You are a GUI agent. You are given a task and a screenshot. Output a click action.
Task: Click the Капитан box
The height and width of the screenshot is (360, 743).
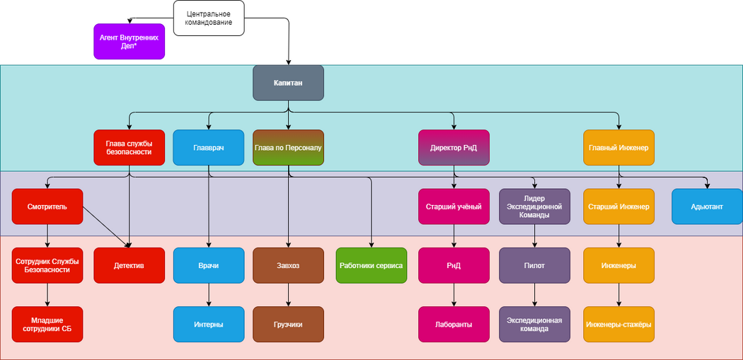coord(288,83)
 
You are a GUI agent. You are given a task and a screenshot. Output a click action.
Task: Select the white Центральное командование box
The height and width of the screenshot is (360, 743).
coord(209,18)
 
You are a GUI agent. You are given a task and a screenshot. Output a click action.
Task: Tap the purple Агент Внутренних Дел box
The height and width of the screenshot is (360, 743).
coord(129,41)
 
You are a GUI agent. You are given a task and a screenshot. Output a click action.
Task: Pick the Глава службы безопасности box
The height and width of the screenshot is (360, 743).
coord(129,148)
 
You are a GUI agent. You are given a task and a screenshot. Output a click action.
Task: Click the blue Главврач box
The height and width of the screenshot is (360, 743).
coord(208,148)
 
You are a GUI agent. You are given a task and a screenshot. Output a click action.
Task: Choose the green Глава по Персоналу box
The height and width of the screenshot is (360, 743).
coord(288,148)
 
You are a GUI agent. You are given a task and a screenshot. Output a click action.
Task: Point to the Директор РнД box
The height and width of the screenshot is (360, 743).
coord(454,148)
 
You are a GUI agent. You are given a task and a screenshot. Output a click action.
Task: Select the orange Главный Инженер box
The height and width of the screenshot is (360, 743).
coord(618,148)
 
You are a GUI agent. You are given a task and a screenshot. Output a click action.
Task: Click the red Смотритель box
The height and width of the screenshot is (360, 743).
coord(47,207)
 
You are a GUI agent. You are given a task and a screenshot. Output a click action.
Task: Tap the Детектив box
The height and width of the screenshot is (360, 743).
coord(129,265)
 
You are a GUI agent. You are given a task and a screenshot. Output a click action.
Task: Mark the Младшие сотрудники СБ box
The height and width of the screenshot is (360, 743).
coord(47,324)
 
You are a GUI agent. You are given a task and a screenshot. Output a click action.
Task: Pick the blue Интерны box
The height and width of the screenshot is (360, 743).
coord(208,324)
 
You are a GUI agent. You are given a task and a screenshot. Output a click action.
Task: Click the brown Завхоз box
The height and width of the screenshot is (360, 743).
coord(288,265)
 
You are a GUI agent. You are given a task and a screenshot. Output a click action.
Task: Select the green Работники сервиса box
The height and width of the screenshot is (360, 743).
coord(371,265)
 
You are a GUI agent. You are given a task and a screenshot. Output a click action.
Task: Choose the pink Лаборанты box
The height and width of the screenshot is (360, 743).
coord(454,324)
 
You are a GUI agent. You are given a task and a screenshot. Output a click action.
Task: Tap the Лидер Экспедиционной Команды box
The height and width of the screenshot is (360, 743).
coord(534,207)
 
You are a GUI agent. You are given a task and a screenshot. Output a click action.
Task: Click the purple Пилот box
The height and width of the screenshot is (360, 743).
coord(534,265)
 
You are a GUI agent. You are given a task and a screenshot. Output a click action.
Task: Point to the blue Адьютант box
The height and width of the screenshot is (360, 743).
coord(706,207)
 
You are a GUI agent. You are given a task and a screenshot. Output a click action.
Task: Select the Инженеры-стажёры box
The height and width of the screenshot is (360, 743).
coord(618,324)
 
